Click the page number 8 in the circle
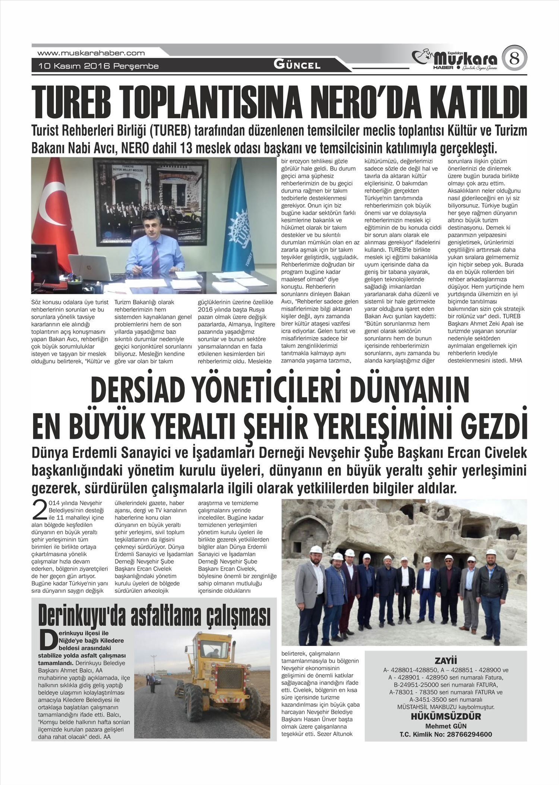[x=514, y=58]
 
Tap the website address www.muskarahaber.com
[x=91, y=53]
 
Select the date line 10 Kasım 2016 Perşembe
[x=99, y=66]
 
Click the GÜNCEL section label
[x=297, y=65]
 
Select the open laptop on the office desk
[x=89, y=267]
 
